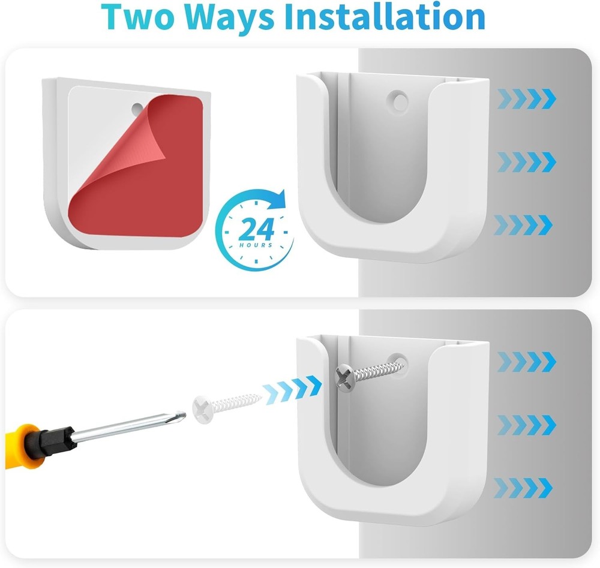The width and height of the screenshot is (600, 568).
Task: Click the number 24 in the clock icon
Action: point(256,229)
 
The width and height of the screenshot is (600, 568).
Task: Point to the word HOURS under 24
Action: point(257,245)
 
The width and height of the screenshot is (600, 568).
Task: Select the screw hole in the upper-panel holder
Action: point(397,98)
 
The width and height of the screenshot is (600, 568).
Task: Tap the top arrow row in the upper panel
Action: point(526,98)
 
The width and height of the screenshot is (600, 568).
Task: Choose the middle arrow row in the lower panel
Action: point(524,424)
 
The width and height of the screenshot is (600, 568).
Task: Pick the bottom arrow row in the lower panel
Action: point(524,487)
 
